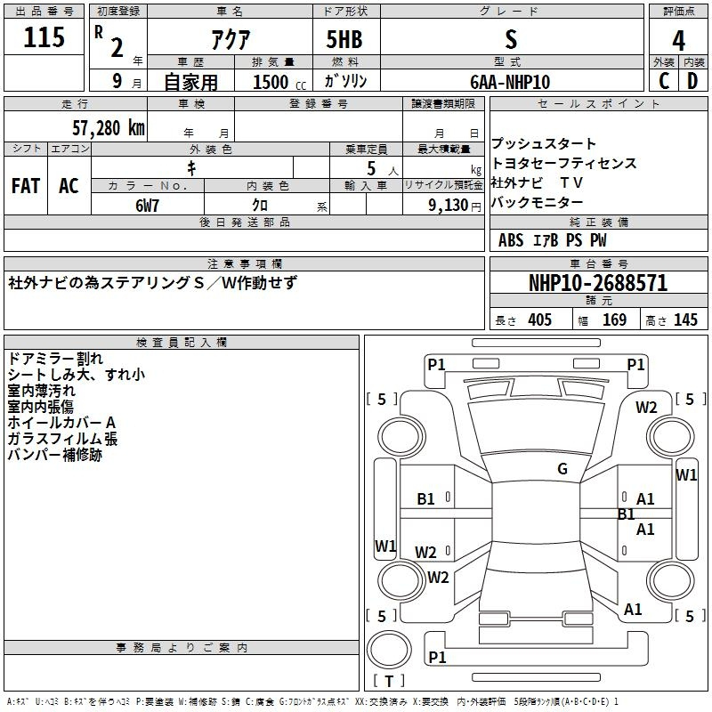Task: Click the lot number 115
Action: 44,36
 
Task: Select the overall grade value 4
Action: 678,40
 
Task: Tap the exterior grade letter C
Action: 664,81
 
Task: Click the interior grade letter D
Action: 692,81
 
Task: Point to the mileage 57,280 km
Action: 109,128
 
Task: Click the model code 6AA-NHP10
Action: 510,82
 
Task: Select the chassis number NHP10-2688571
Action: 598,283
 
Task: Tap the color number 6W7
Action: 147,206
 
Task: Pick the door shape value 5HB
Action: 344,39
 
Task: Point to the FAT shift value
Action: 26,186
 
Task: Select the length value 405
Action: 539,320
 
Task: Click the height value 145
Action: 685,320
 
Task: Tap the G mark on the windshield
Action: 562,469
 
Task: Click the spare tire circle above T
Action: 368,650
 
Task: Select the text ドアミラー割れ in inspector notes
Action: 55,359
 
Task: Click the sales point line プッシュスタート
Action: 544,144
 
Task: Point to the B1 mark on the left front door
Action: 425,499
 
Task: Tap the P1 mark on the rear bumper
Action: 437,657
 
